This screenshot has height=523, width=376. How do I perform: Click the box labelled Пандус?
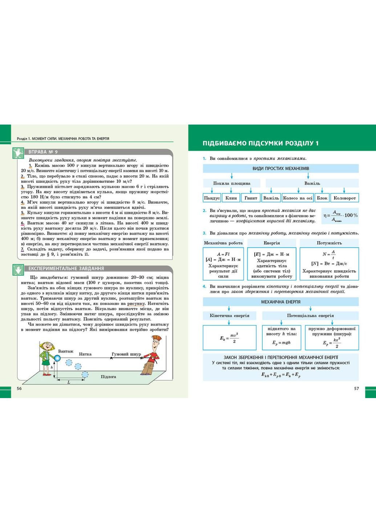click(x=212, y=198)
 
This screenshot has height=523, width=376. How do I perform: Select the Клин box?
click(x=231, y=198)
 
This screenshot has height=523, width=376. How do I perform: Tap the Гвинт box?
click(x=251, y=198)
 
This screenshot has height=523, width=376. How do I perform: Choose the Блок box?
click(x=322, y=198)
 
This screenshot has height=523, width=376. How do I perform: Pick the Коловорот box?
click(x=344, y=198)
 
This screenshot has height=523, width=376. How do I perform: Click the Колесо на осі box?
click(x=298, y=198)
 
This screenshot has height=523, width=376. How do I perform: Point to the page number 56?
click(x=20, y=388)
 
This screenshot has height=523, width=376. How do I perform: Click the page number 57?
click(x=356, y=388)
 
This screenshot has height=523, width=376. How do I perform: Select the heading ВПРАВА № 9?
click(x=43, y=152)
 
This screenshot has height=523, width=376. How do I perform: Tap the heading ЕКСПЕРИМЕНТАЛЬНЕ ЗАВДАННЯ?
click(x=66, y=268)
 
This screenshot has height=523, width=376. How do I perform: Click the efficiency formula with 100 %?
click(x=340, y=215)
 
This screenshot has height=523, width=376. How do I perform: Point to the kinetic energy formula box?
click(x=229, y=338)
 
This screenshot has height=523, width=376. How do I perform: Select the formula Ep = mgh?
click(x=281, y=342)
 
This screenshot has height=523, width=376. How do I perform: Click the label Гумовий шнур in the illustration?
click(x=126, y=354)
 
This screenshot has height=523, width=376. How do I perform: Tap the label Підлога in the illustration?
click(x=108, y=377)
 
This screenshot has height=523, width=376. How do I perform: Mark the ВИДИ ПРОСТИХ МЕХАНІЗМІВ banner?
click(x=280, y=169)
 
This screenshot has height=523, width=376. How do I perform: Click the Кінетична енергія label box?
click(x=229, y=316)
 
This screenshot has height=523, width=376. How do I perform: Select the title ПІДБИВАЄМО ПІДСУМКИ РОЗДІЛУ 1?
click(x=260, y=143)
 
